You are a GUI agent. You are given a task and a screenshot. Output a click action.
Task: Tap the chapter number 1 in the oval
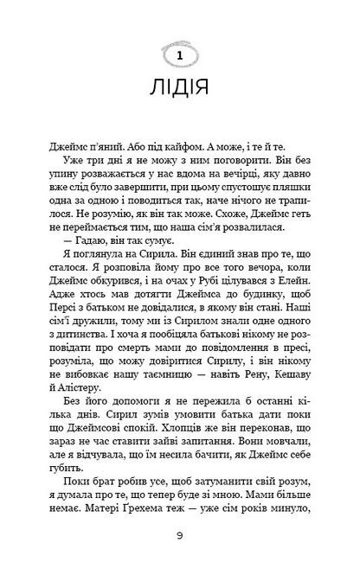pos(179,56)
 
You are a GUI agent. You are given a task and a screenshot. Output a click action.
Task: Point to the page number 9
pos(179,535)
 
